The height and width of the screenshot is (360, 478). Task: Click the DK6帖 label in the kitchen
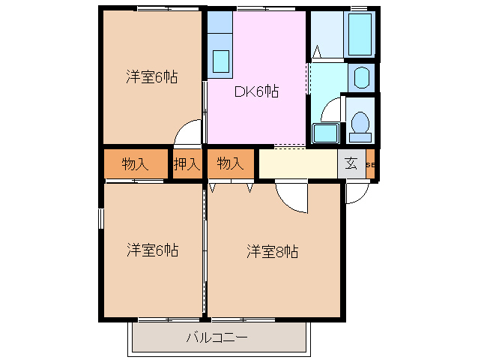(256, 91)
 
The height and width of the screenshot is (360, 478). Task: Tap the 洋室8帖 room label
(273, 251)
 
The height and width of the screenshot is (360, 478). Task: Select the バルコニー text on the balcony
(217, 337)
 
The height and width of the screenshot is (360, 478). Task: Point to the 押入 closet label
(187, 163)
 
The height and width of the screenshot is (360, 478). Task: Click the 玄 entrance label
(351, 163)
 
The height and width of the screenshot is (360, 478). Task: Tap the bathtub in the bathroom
(360, 34)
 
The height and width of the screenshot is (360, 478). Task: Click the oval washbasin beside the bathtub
(361, 77)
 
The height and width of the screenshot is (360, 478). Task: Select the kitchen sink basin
(222, 59)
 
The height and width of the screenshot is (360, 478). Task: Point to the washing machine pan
(324, 133)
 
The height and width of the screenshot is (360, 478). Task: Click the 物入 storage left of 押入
(135, 163)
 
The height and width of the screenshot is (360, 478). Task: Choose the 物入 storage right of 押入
(230, 163)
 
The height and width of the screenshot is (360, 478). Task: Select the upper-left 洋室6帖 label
(151, 76)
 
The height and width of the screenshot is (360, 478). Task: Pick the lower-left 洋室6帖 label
(151, 250)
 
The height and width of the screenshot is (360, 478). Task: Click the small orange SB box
(371, 164)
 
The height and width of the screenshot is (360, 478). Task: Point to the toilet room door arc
(329, 110)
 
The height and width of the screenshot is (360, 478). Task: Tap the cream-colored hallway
(296, 163)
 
